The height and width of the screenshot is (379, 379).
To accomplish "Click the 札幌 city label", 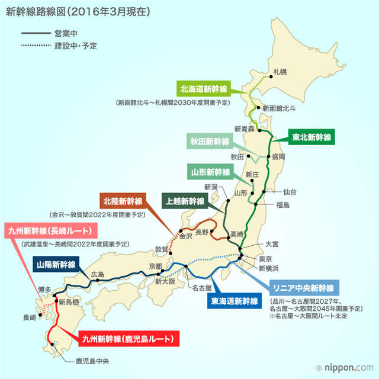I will pos(280,72).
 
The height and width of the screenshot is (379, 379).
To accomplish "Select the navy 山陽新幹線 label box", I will pos(56,264).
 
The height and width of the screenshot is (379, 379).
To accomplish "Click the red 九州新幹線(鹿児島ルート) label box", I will pos(128,339).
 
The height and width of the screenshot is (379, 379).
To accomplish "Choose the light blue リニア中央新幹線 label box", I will pos(303,288).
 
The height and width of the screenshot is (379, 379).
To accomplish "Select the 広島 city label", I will pos(97,274).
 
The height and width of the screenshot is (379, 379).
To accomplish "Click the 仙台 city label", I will pos(290,192).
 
